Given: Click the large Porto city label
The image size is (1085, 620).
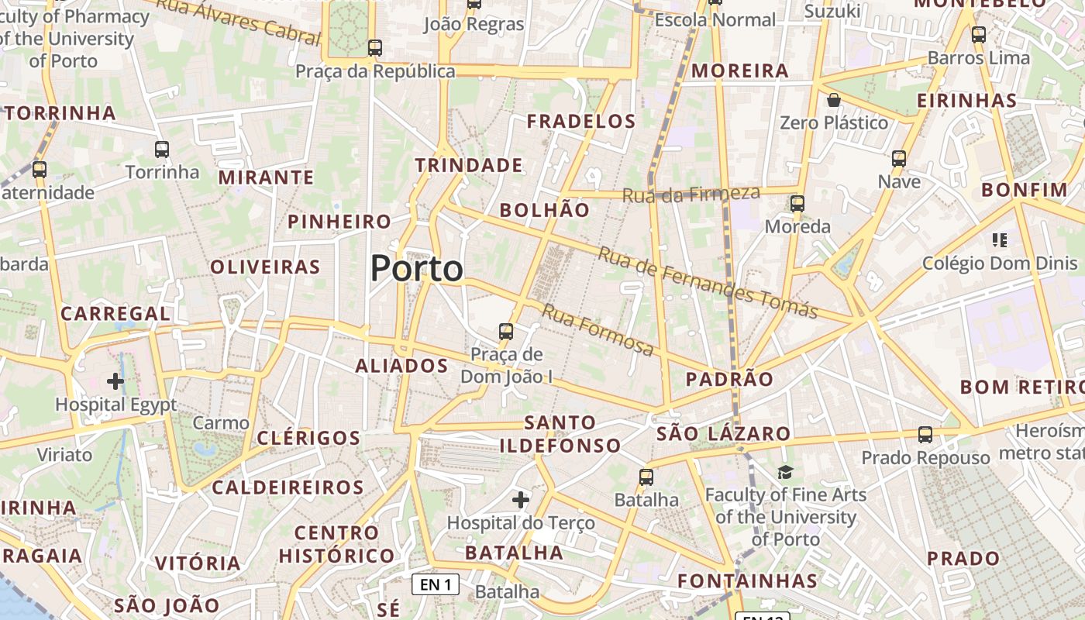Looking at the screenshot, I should point(417,269).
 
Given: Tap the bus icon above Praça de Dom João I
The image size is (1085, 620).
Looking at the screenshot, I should point(506,332).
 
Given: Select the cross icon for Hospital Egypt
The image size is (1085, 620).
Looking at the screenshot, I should point(115,381).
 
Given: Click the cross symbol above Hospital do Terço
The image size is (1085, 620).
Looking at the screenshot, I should point(521,500).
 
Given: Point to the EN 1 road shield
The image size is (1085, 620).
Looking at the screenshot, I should point(435,584).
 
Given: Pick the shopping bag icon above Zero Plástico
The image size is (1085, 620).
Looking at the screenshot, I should point(834,100).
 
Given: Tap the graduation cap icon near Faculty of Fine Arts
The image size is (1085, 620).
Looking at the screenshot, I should point(786,472).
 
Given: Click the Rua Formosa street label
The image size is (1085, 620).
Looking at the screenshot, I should point(598,330).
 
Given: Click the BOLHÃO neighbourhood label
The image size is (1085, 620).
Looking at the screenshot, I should point(544,210).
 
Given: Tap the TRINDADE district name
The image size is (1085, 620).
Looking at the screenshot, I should point(468,165).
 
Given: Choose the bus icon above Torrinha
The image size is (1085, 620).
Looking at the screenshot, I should point(162,150).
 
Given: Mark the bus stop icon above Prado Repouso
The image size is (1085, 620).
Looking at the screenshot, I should point(925,435).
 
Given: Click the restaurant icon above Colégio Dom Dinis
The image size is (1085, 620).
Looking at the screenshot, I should point(1000,240).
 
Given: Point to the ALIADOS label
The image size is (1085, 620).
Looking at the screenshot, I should point(401,366).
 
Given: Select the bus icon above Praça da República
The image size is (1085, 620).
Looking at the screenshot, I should point(375,48).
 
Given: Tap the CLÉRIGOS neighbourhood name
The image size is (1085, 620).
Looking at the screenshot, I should point(308,438).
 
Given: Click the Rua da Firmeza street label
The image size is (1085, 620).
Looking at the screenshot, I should point(691,194).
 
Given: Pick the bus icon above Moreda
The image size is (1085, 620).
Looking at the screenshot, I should point(797,204).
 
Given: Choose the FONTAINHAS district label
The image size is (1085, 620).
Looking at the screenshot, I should point(747,580).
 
